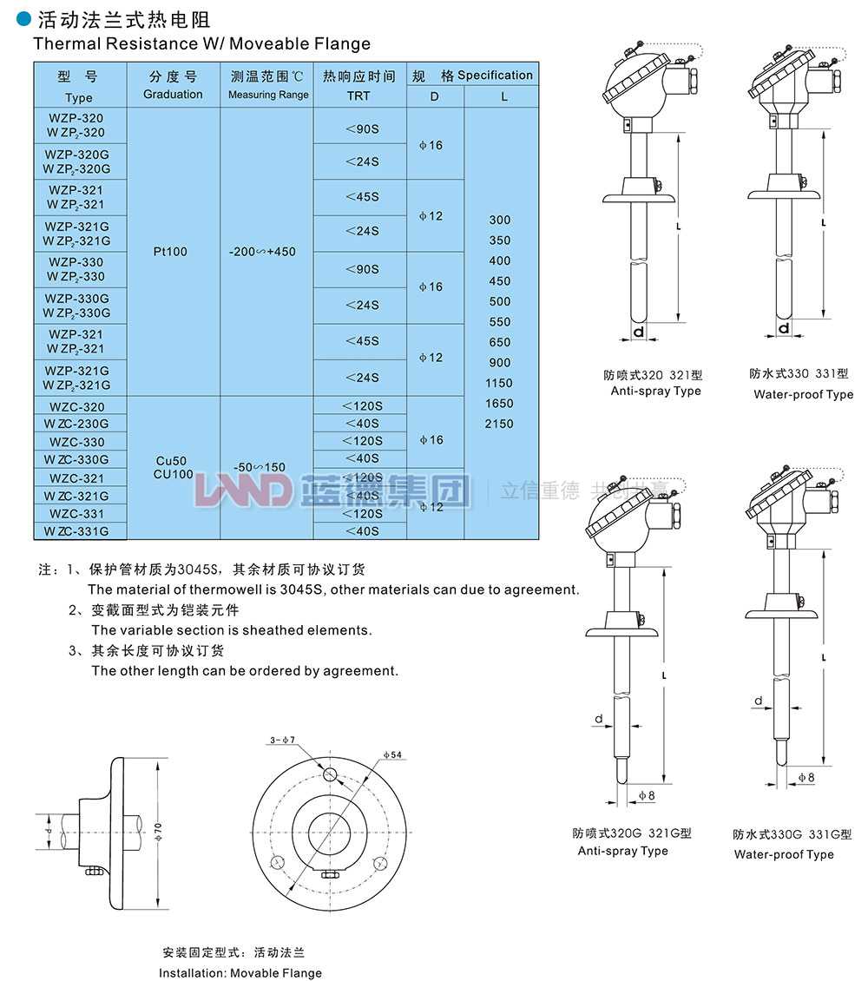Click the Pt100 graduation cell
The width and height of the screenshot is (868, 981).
click(x=173, y=252)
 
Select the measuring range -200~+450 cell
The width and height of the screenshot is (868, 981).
click(x=262, y=252)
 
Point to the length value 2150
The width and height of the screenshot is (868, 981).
click(x=499, y=424)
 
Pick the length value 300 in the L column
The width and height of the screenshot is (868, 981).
click(x=499, y=220)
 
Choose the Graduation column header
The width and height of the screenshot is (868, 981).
click(x=173, y=86)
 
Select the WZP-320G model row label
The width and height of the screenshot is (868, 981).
click(x=79, y=161)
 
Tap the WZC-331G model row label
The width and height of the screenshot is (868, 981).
click(x=79, y=530)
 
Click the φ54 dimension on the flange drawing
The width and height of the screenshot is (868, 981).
click(x=391, y=754)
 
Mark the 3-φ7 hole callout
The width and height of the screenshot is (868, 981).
click(x=283, y=740)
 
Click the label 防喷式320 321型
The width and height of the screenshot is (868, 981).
click(x=653, y=375)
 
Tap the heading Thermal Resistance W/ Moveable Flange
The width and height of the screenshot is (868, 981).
click(x=201, y=43)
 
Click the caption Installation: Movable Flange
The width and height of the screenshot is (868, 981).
click(x=240, y=972)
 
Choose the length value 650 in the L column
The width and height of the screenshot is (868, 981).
click(x=499, y=342)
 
